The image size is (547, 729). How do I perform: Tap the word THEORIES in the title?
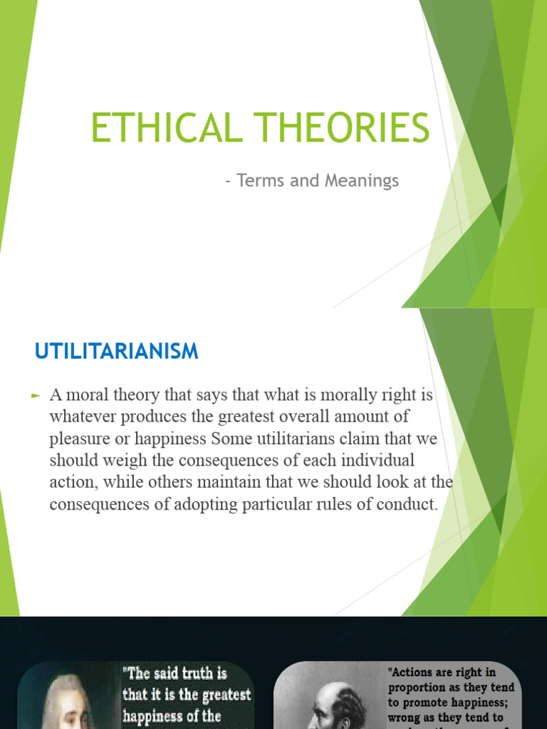[x=339, y=129]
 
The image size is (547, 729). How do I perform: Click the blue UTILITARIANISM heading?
[x=117, y=351]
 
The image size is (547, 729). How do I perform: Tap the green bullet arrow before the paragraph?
[x=38, y=394]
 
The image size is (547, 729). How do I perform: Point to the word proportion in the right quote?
[x=420, y=688]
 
